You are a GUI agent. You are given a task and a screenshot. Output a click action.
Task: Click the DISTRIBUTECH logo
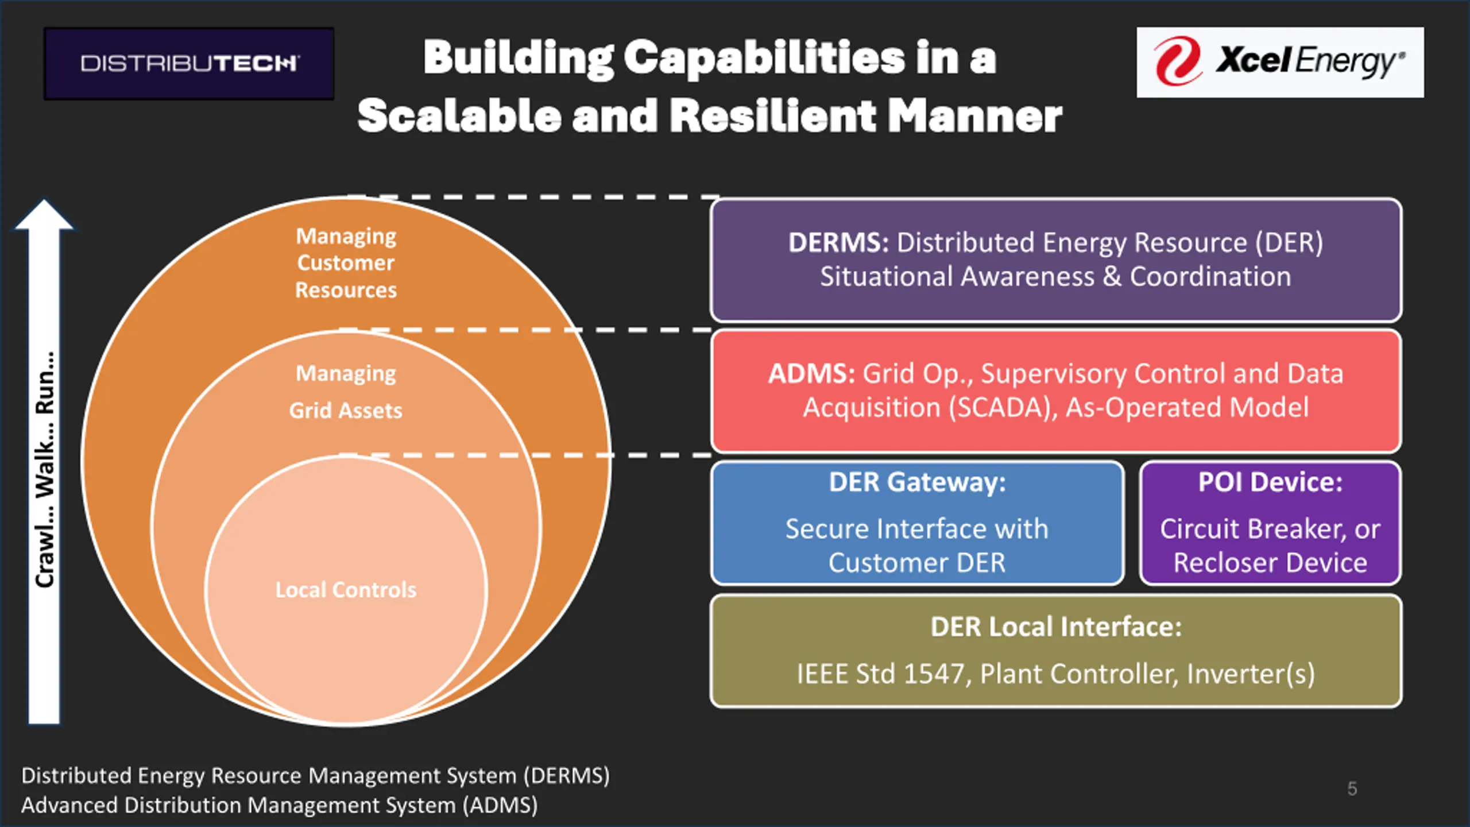tap(189, 63)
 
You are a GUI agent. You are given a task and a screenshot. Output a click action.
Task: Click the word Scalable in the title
tap(459, 115)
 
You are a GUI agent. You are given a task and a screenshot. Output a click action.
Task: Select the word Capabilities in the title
tap(764, 59)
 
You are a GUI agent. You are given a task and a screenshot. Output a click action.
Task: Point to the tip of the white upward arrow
tap(44, 200)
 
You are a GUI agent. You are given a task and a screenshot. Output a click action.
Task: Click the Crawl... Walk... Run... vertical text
tap(45, 469)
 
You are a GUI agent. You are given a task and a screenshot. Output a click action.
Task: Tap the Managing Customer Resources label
tap(346, 263)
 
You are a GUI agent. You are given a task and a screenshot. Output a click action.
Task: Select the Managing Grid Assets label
tap(346, 392)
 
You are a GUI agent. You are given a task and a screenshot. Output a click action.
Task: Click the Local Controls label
tap(346, 590)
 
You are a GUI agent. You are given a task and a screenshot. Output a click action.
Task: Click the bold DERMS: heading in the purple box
tap(838, 242)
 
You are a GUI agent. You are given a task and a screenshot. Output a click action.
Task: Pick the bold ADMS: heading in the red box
tap(811, 373)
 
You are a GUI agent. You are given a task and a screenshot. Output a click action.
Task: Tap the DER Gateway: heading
tap(917, 482)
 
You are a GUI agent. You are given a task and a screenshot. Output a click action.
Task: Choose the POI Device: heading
tap(1270, 482)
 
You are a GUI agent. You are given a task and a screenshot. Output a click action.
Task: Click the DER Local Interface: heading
tap(1056, 627)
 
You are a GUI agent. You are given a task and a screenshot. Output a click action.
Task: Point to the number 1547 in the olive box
tap(933, 674)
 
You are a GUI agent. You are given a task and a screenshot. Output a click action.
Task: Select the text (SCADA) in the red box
tap(1003, 408)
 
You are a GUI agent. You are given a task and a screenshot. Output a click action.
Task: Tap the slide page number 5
tap(1352, 789)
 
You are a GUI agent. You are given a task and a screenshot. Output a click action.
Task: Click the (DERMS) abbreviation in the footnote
tap(566, 776)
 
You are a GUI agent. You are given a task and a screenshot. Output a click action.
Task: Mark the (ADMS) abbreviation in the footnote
tap(500, 805)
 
